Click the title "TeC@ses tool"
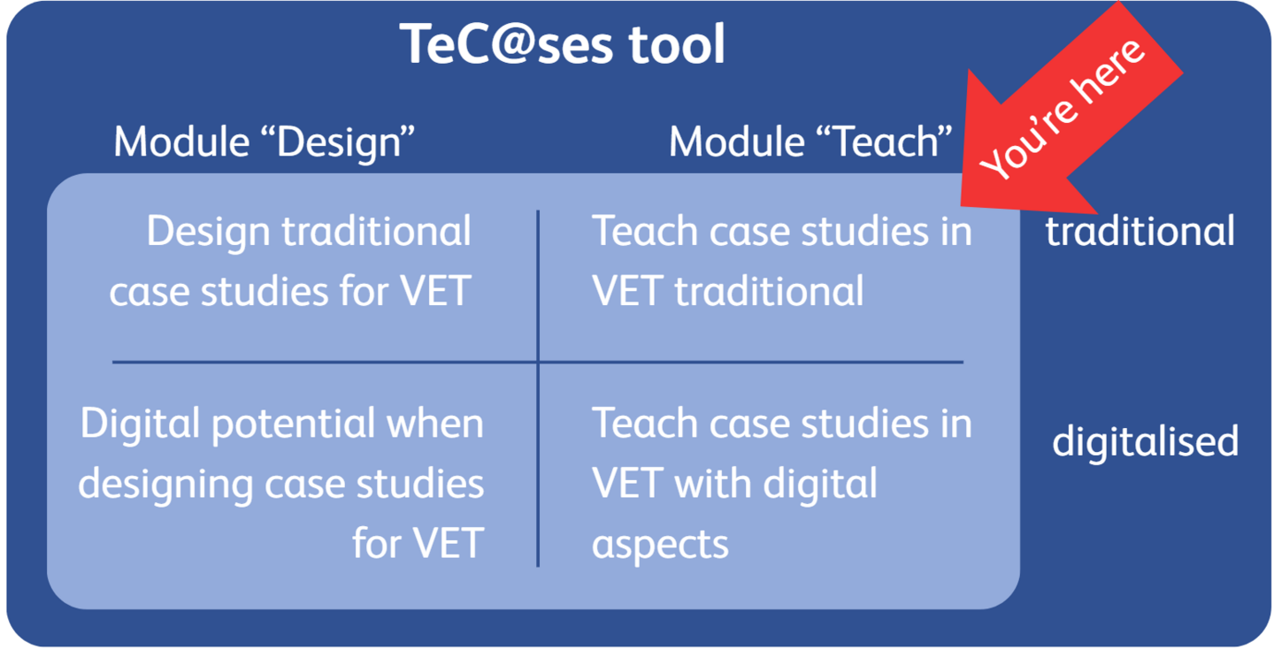pos(562,44)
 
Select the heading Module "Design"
pos(264,142)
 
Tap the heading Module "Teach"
pos(810,142)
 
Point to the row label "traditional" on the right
pos(1140,231)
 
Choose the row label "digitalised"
pos(1146,441)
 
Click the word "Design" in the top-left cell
pos(208,232)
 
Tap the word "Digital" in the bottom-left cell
pos(140,424)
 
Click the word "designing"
pos(165,485)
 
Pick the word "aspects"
pos(660,545)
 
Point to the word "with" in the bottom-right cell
pos(713,484)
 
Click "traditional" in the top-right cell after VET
pos(769,291)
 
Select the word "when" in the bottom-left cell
pos(435,424)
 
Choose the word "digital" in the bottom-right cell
pos(820,485)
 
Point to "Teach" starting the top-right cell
pos(645,231)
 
